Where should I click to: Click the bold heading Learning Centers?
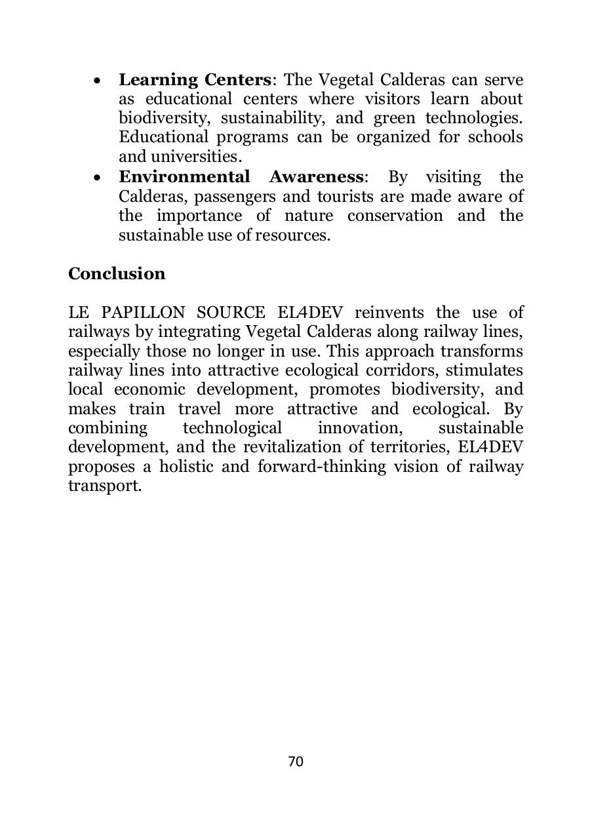pos(195,80)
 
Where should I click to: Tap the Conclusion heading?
pos(117,273)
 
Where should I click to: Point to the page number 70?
pos(296,761)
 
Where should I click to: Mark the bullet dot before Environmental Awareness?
pos(97,178)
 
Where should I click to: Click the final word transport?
pos(105,486)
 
